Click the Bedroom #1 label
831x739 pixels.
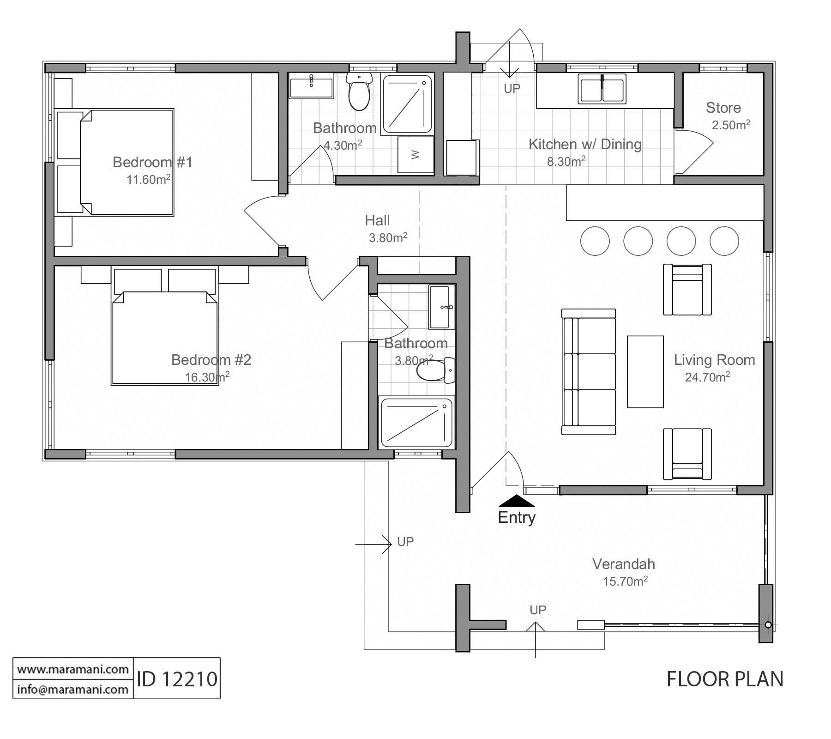(152, 162)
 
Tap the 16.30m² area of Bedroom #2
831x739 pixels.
(207, 377)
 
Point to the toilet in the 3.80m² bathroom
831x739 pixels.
(436, 370)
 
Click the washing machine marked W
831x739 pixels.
(415, 154)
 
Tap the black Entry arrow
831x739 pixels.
(517, 501)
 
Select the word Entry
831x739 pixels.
(517, 517)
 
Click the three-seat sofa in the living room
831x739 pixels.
(589, 372)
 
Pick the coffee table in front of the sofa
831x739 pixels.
(645, 372)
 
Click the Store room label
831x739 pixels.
(723, 108)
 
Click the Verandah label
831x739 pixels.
(623, 564)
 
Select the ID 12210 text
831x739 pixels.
(177, 679)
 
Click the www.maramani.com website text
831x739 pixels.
(73, 669)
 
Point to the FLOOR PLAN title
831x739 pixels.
(725, 679)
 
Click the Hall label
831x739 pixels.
(377, 220)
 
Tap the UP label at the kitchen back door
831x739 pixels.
(512, 88)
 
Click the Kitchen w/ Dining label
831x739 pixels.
(585, 144)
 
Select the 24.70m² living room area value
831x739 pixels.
(707, 377)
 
